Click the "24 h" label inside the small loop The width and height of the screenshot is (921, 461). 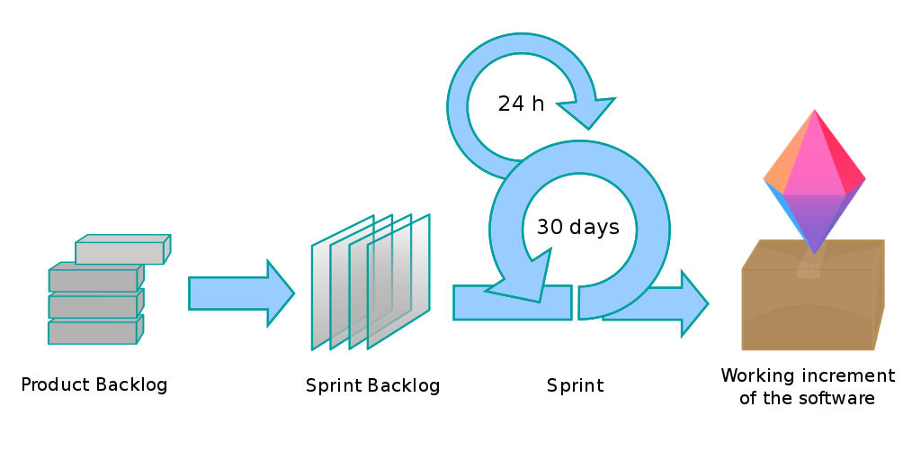click(x=521, y=104)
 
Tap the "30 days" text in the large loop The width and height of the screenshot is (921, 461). click(x=577, y=227)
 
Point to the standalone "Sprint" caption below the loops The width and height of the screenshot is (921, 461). click(x=575, y=386)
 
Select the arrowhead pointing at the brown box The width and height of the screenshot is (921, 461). click(x=693, y=303)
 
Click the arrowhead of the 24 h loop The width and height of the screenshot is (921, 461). click(x=587, y=112)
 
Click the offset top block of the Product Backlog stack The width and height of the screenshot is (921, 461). click(x=122, y=249)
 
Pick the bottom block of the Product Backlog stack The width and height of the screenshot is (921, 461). click(x=94, y=331)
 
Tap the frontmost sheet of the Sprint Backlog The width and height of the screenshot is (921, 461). click(x=399, y=284)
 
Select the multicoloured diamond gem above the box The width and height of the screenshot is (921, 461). click(x=814, y=180)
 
